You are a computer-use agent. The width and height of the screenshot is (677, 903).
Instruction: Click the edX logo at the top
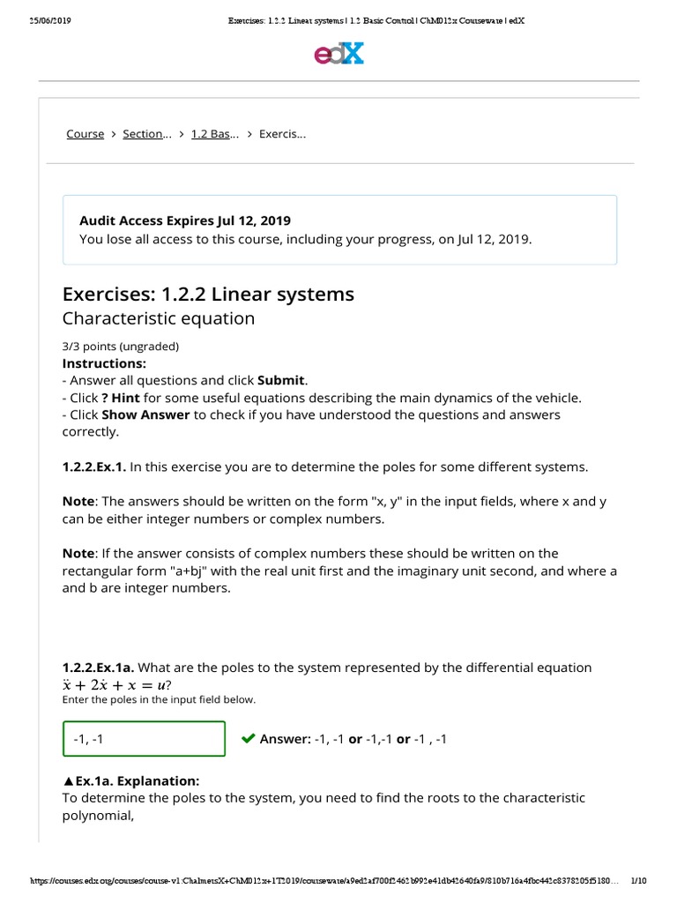tap(338, 55)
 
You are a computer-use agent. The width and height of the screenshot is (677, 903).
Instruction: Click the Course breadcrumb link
tap(85, 134)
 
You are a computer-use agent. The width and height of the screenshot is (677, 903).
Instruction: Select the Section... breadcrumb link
tap(146, 134)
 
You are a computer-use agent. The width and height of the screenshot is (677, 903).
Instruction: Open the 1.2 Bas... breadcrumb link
tap(215, 134)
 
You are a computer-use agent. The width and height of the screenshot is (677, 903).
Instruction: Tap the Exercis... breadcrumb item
tap(282, 134)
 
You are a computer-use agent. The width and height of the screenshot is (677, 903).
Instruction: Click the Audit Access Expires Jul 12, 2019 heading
tap(185, 220)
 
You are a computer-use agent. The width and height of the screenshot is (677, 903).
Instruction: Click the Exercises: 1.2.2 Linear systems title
tap(208, 294)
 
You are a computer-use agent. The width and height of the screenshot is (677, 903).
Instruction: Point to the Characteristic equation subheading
tap(159, 318)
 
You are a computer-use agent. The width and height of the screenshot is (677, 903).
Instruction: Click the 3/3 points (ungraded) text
tap(120, 347)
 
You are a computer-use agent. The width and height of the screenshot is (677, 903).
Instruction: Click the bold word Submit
tap(281, 380)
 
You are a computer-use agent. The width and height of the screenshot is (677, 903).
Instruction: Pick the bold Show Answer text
tap(145, 414)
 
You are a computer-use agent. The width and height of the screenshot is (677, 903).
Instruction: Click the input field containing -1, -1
tap(144, 738)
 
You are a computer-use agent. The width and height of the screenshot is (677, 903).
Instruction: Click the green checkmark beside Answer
tap(248, 738)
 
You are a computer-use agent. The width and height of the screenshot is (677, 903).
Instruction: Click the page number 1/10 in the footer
tap(639, 881)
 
